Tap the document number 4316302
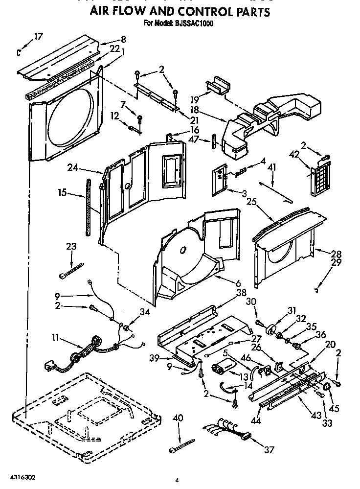click(x=21, y=476)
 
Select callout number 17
click(x=38, y=36)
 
